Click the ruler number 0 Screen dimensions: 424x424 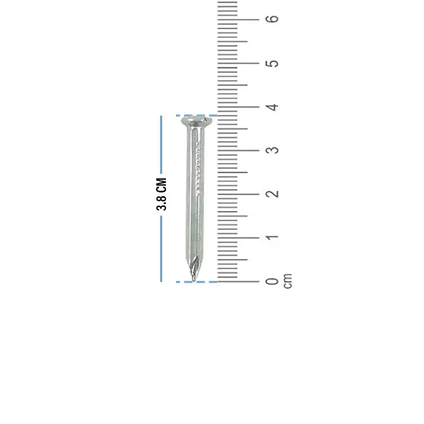click(272, 281)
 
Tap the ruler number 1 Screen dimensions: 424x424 click(272, 237)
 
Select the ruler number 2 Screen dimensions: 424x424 click(272, 194)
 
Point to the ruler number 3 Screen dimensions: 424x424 click(272, 150)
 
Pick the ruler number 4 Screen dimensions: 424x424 click(272, 107)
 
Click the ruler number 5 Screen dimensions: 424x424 click(272, 63)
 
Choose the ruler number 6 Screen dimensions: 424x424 click(272, 19)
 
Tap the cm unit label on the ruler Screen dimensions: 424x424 click(288, 281)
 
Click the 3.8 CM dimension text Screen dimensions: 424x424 click(162, 194)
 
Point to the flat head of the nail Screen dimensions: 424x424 click(197, 121)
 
